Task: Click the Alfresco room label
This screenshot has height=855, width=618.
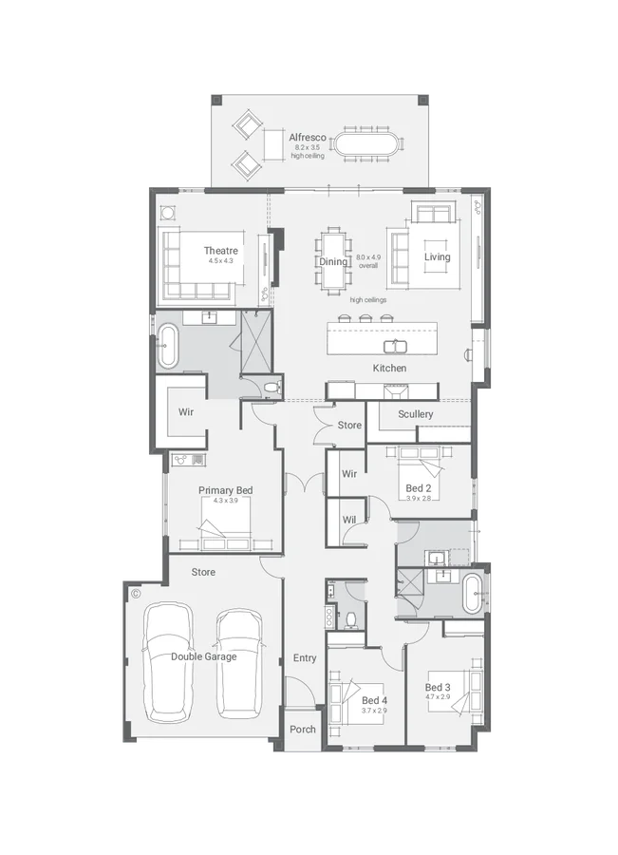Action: [308, 138]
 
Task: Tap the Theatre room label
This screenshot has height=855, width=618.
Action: [220, 251]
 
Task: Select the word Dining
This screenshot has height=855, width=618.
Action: [333, 261]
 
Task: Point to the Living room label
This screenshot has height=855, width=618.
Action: [438, 257]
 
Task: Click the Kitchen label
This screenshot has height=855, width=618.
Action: [389, 368]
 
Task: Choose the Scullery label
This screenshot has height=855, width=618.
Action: [416, 414]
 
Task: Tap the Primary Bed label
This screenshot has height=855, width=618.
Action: [225, 490]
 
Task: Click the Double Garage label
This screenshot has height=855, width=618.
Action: [204, 655]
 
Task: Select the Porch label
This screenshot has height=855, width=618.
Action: [303, 730]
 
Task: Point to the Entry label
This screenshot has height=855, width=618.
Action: [305, 657]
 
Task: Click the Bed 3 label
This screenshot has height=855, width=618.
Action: [438, 687]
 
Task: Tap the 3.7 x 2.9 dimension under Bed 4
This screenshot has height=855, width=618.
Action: [374, 711]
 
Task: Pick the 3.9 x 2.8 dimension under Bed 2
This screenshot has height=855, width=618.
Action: [419, 498]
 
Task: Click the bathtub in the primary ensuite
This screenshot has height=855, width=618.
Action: [168, 345]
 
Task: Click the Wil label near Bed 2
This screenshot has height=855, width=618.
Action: [349, 520]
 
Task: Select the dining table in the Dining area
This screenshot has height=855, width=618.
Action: [334, 258]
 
